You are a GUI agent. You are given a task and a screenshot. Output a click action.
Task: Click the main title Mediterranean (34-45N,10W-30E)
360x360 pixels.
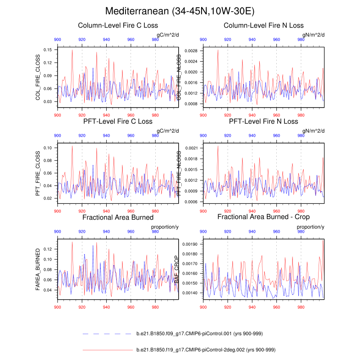180,11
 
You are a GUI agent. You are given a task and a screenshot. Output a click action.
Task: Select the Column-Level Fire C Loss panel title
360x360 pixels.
118,25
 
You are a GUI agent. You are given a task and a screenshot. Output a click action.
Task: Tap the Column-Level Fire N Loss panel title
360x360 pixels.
264,25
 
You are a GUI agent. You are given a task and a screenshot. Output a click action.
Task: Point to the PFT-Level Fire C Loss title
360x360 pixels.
118,121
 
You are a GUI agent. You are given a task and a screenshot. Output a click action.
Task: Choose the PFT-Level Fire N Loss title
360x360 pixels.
264,121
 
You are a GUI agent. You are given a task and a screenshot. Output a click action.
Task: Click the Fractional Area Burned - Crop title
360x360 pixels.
264,217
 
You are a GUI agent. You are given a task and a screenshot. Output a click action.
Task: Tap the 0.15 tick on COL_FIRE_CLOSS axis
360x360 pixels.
47,49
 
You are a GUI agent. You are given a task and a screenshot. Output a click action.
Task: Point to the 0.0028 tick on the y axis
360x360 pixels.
191,51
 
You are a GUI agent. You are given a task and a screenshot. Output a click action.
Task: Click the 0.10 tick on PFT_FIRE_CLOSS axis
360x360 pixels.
47,148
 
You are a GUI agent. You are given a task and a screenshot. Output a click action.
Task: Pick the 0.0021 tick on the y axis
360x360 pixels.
191,148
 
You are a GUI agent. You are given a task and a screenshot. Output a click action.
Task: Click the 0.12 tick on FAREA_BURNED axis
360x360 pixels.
47,249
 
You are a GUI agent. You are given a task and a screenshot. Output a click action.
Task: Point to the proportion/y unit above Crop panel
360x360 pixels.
310,227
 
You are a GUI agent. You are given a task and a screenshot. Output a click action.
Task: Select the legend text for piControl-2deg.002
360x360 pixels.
206,350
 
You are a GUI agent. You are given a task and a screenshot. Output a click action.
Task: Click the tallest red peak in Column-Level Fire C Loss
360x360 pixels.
72,49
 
